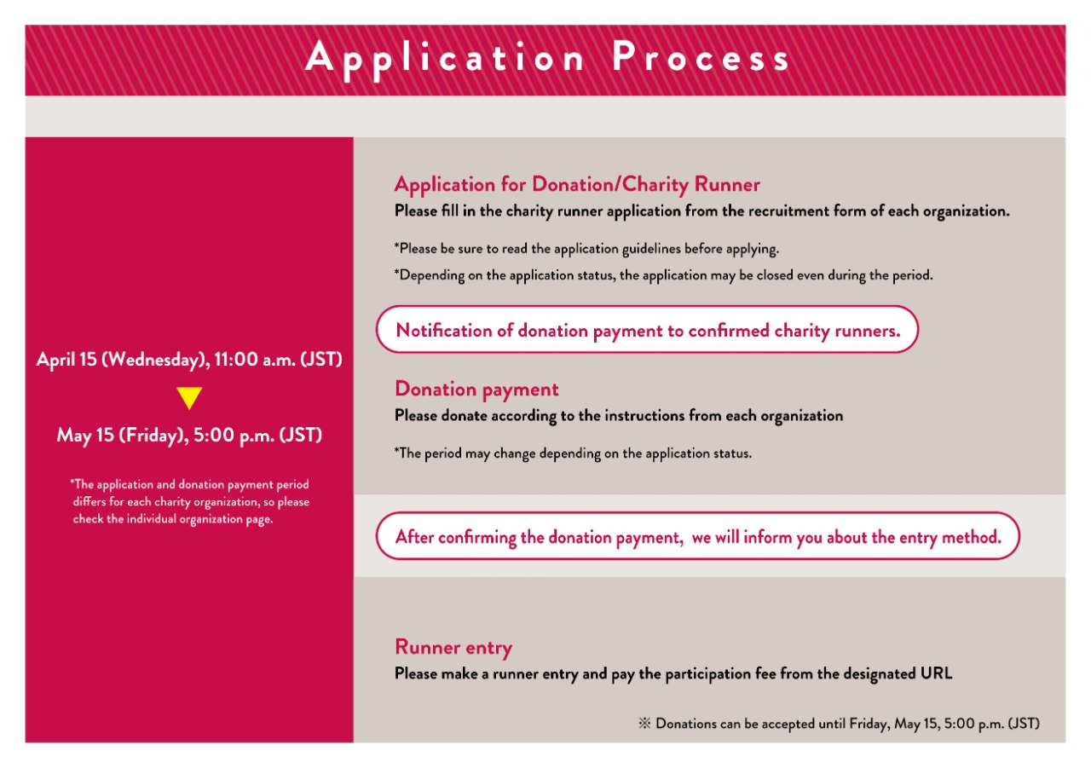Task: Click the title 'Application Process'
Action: click(547, 58)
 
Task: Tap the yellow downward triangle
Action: click(189, 398)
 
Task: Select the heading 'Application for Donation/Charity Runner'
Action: click(577, 184)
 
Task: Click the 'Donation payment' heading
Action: click(476, 390)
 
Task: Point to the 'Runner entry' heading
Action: click(453, 648)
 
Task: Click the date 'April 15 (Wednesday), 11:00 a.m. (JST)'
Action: click(189, 360)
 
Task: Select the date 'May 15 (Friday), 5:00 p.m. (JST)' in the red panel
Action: click(189, 435)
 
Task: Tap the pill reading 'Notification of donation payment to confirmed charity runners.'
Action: click(648, 331)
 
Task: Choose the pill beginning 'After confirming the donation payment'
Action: click(697, 537)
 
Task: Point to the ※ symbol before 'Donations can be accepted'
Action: click(644, 724)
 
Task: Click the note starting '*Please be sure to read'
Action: click(586, 249)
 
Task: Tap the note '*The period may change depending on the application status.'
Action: click(573, 453)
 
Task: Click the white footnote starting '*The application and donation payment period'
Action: click(189, 502)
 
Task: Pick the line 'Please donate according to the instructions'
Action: click(619, 416)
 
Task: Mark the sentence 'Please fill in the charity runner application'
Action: click(701, 211)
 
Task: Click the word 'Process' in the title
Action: click(701, 58)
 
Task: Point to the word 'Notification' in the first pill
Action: click(444, 331)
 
